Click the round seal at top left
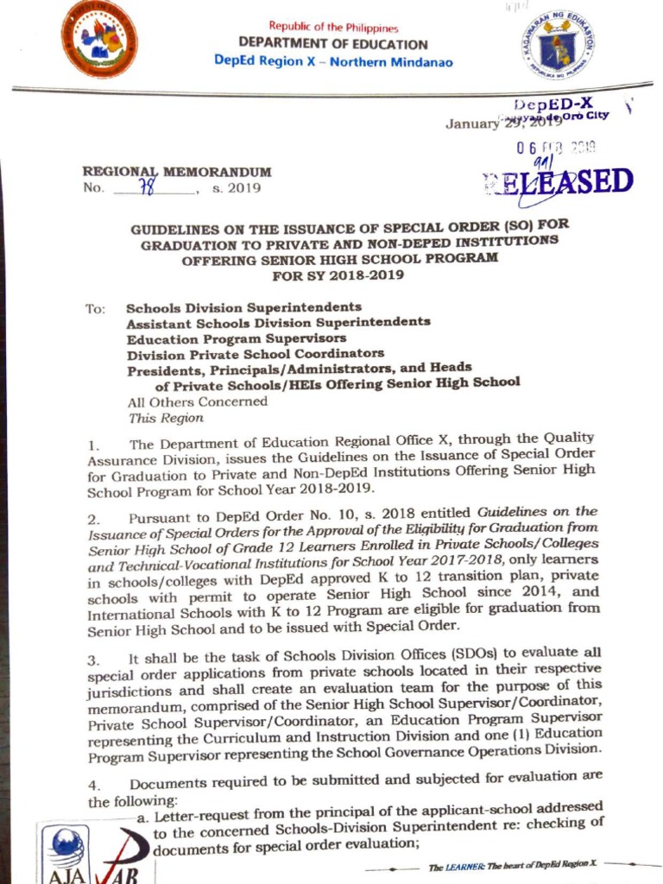click(98, 39)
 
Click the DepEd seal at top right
click(557, 45)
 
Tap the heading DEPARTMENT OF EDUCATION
click(332, 44)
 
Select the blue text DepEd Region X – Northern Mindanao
click(332, 61)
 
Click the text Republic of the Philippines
click(332, 28)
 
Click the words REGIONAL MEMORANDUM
click(176, 172)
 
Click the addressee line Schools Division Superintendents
click(243, 307)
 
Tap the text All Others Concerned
click(197, 401)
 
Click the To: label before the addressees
click(95, 308)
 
